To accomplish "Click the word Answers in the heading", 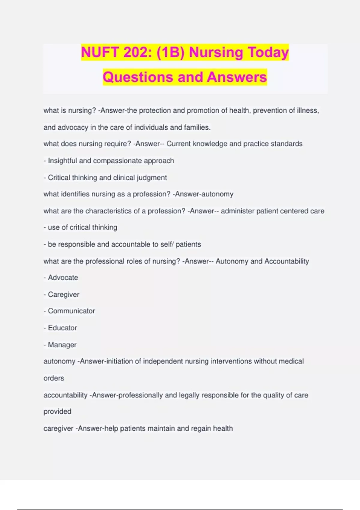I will coord(237,77).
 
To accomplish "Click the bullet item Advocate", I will coord(63,278).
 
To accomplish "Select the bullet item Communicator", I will coord(71,311).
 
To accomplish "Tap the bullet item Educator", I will coord(62,328).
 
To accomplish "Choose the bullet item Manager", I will coord(62,345).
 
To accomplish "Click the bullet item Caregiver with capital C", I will coord(64,295).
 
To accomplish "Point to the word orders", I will coord(54,378).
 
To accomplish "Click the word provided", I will coord(57,412).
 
